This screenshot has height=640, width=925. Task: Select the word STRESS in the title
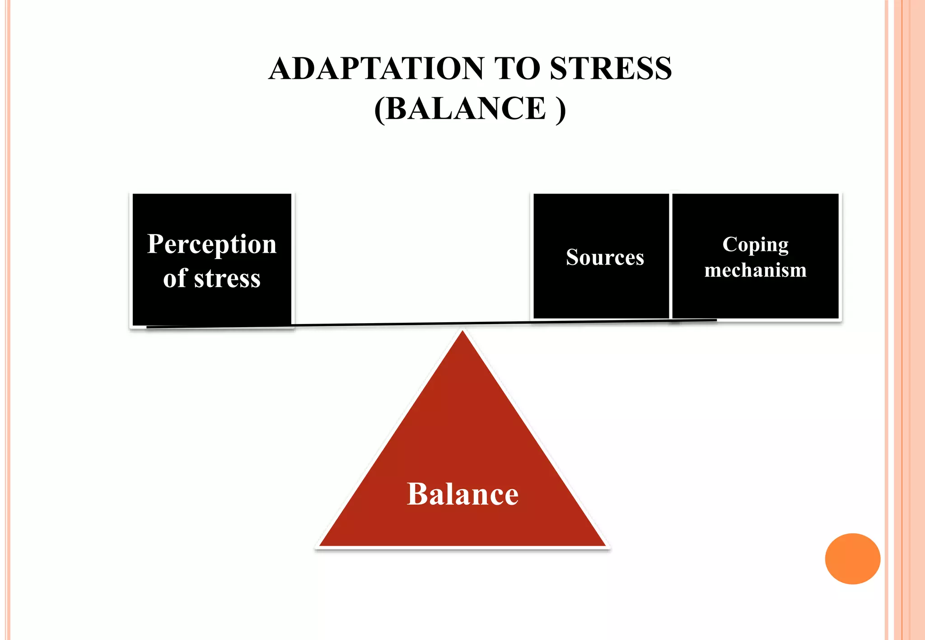tap(611, 69)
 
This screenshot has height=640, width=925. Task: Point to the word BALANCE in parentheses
tap(466, 109)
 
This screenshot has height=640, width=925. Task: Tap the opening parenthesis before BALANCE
tap(379, 110)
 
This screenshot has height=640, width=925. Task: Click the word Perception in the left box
tap(212, 245)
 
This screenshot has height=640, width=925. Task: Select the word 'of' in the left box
tap(175, 278)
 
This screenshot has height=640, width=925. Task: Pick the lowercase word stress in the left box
tap(227, 279)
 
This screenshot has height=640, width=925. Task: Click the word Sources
tap(605, 257)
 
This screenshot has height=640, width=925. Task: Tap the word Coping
tap(755, 245)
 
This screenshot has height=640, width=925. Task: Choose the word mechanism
tap(755, 270)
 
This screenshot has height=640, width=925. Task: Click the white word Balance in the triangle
tap(462, 494)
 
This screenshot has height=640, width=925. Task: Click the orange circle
tap(852, 559)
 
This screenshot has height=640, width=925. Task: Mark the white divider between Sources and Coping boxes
tap(671, 256)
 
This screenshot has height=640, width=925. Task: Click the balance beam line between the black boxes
tap(411, 324)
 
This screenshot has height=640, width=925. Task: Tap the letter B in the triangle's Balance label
tap(416, 494)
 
